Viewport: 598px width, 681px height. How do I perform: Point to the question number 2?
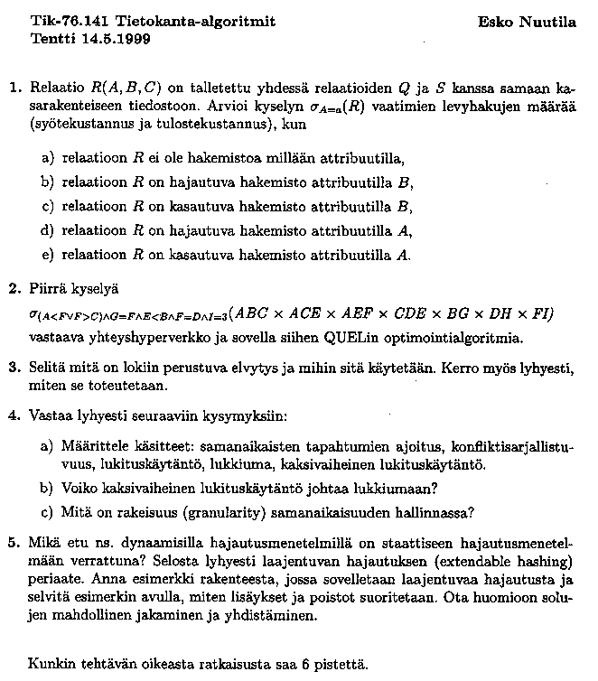pos(14,290)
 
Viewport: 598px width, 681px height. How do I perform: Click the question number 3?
pos(14,369)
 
